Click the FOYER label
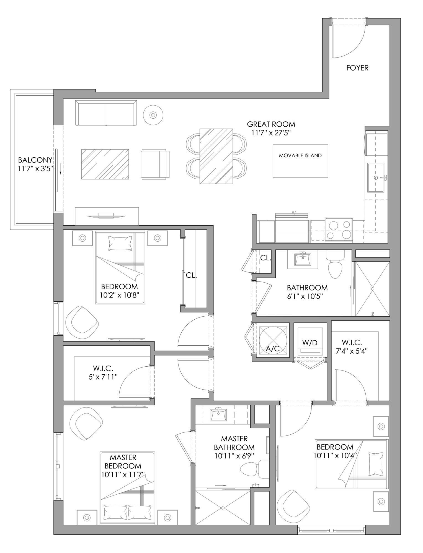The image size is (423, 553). (357, 68)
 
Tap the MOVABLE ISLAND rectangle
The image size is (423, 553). (300, 161)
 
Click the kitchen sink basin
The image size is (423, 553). (376, 177)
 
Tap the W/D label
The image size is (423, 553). (310, 343)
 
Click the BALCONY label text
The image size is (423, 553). (35, 160)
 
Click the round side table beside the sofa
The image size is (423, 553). (153, 114)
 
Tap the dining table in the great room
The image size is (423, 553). (216, 156)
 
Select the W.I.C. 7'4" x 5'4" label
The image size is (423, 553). (352, 346)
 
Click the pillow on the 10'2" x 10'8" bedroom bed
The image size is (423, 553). (120, 243)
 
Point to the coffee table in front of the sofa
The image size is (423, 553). (105, 164)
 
